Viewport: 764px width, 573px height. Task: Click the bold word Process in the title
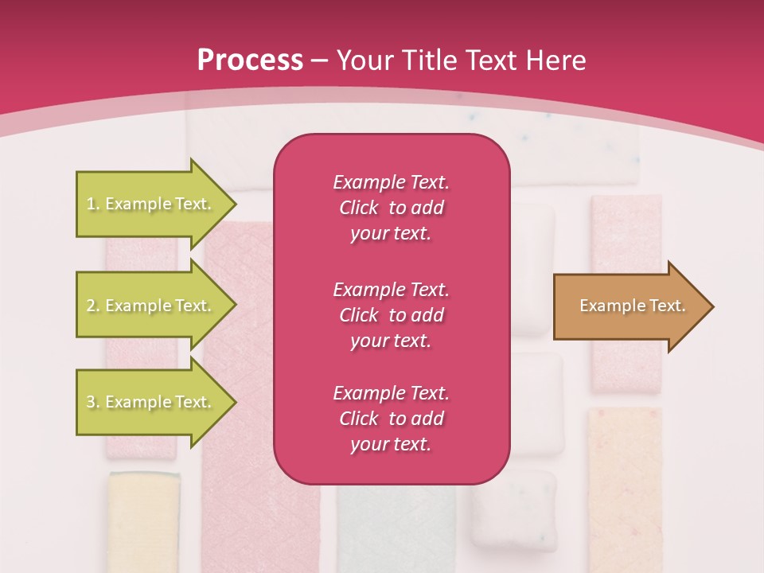tap(250, 60)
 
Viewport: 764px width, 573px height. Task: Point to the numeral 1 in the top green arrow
tap(91, 204)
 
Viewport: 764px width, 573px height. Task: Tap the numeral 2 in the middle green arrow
tap(91, 306)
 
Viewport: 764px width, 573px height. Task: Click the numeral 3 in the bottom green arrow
tap(91, 402)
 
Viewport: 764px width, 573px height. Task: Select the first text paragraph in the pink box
tap(391, 208)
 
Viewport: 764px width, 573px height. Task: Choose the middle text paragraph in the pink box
tap(391, 315)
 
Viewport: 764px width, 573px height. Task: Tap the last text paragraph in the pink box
tap(391, 419)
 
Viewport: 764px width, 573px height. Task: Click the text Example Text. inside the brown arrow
tap(633, 306)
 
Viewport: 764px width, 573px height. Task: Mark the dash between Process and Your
tap(320, 61)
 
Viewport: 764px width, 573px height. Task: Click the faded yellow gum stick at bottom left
tap(144, 521)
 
